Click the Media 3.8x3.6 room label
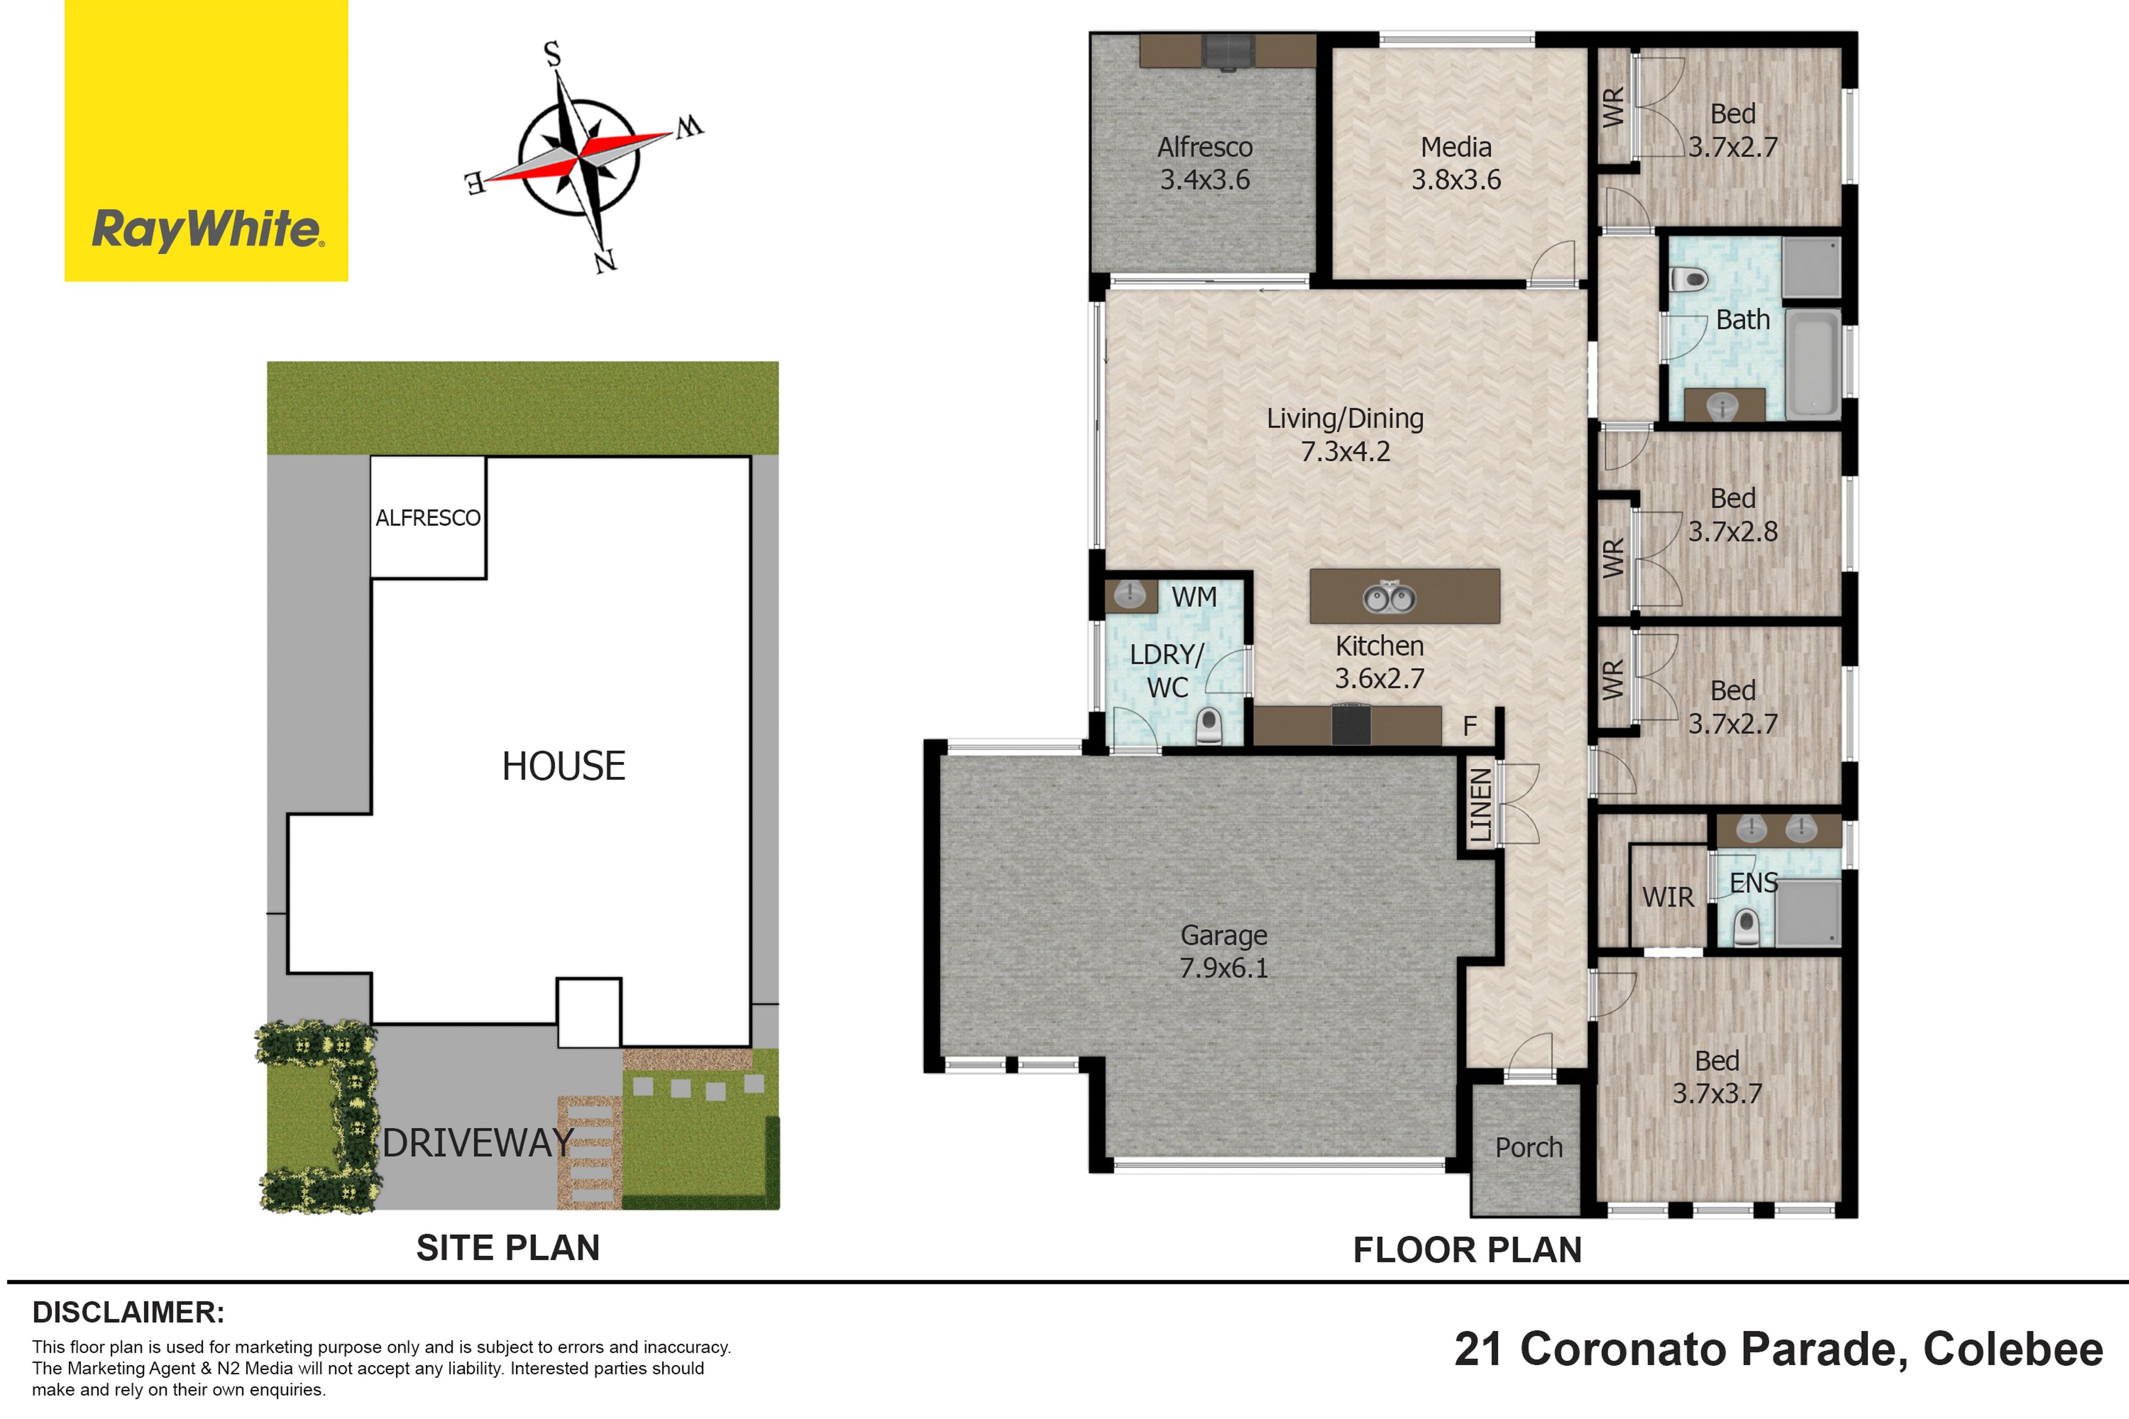(1456, 163)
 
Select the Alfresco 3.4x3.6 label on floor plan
(1205, 163)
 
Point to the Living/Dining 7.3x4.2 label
(1345, 434)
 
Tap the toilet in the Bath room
(1688, 279)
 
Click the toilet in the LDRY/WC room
(1208, 726)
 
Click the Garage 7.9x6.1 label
(1224, 951)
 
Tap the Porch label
(1529, 1148)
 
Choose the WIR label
(1668, 897)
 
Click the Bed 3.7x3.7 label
(1717, 1077)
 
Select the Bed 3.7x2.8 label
(1732, 514)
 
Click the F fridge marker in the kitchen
(1470, 726)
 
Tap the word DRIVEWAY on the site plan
(478, 1143)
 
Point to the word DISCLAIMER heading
(128, 1312)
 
